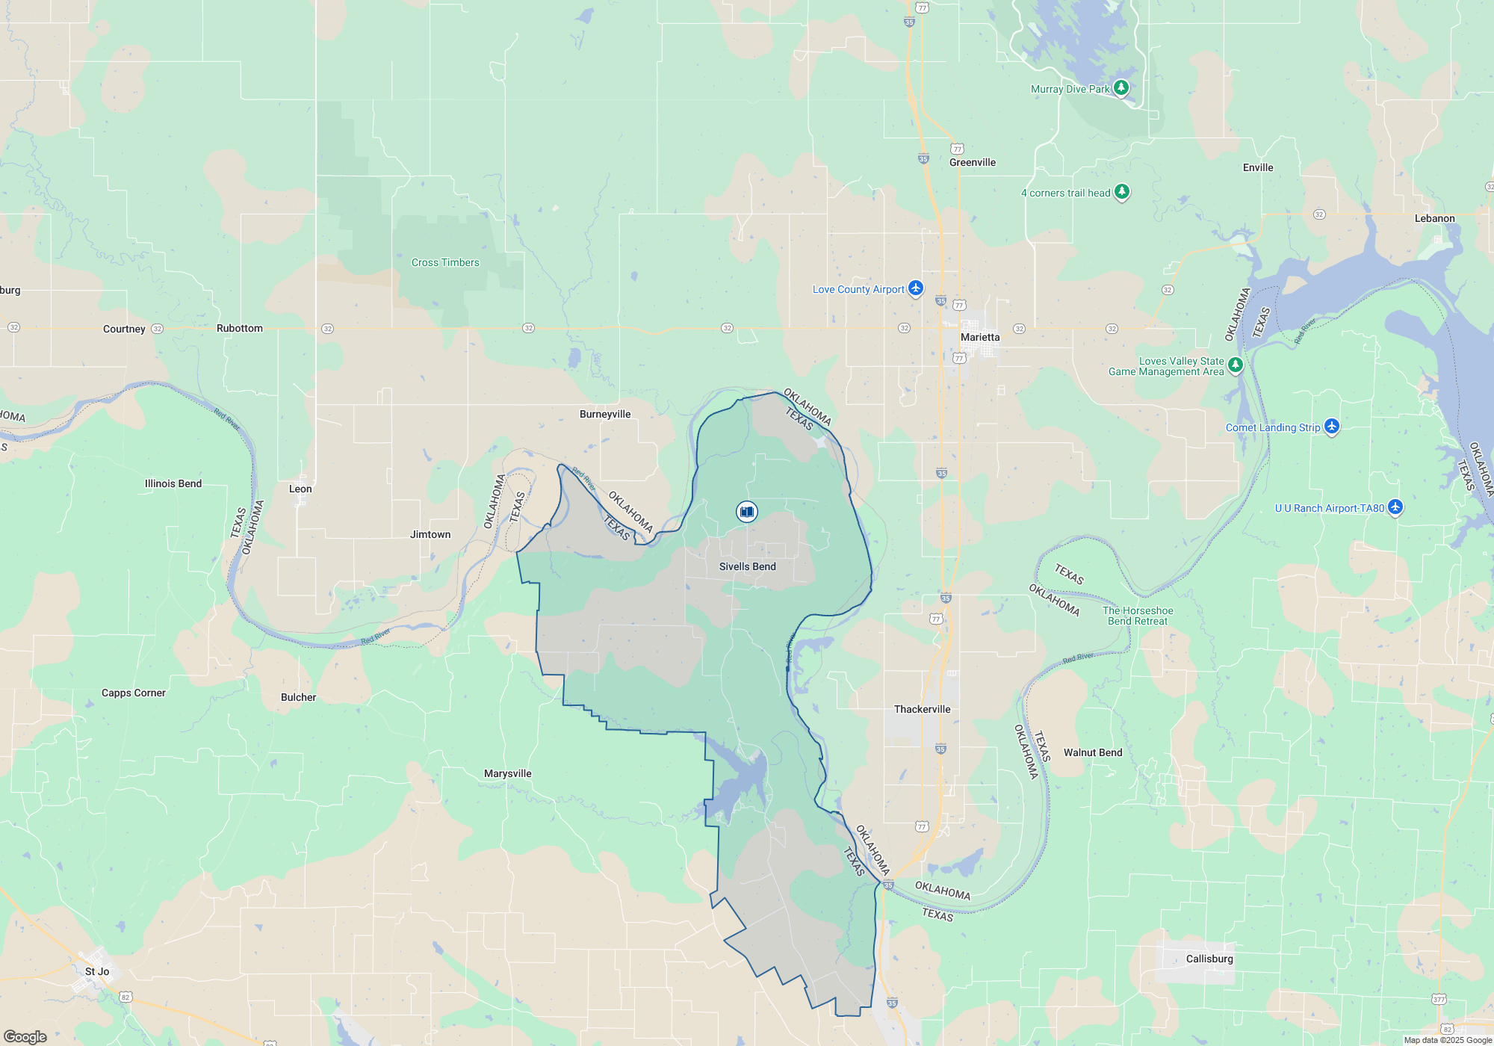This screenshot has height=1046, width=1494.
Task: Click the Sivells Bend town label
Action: [x=747, y=566]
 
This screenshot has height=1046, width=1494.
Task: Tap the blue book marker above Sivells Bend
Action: [x=746, y=511]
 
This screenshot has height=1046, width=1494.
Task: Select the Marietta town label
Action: [x=979, y=337]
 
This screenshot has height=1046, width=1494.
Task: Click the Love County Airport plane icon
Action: [x=916, y=288]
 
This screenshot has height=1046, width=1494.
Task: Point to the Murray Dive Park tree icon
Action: [x=1120, y=88]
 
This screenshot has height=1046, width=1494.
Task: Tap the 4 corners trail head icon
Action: [x=1121, y=192]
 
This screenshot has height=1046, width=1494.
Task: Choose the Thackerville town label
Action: [x=922, y=709]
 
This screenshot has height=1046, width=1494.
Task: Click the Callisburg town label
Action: [x=1209, y=959]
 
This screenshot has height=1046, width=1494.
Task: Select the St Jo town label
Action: [x=97, y=971]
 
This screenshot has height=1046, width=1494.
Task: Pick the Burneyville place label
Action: [x=605, y=414]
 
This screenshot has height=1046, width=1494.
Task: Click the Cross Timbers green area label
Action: [x=445, y=262]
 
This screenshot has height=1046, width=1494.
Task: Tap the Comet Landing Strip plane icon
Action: [x=1331, y=427]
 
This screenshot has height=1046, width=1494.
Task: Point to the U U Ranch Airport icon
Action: [x=1395, y=507]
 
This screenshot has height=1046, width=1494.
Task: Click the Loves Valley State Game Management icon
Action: [x=1236, y=365]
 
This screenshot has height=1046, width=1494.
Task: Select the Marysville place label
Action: [x=507, y=773]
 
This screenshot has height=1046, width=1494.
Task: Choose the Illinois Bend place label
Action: [x=173, y=483]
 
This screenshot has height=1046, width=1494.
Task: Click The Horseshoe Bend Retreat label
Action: [x=1137, y=616]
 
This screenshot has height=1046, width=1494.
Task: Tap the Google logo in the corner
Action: [x=25, y=1036]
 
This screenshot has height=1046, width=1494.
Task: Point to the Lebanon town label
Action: [x=1434, y=218]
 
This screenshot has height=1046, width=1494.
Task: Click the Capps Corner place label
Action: [x=134, y=693]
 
